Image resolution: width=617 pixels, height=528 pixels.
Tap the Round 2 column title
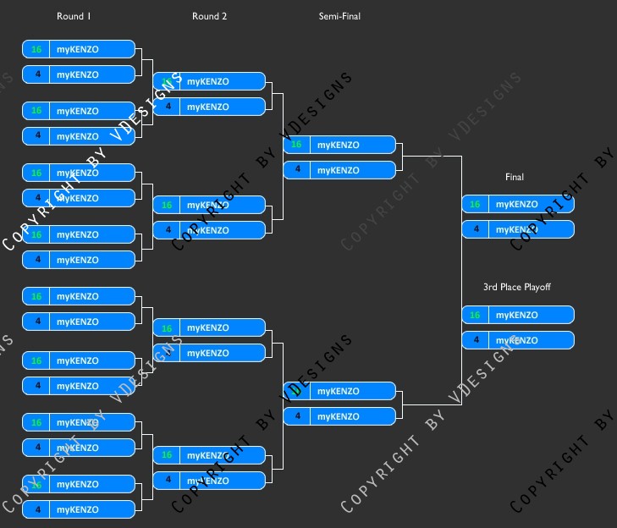click(209, 16)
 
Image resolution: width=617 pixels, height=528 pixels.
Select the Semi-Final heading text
click(339, 16)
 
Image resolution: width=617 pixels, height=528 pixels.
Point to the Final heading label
click(515, 177)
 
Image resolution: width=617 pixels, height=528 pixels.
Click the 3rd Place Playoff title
click(517, 287)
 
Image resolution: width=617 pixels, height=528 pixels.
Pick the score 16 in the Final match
click(475, 204)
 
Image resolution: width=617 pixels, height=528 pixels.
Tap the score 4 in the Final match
click(475, 229)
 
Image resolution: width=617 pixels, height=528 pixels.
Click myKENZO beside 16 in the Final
click(517, 204)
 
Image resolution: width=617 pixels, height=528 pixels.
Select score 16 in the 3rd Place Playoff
click(475, 315)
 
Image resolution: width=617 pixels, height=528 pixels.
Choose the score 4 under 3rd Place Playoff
click(475, 340)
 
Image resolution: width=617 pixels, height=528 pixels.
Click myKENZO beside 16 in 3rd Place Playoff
click(517, 315)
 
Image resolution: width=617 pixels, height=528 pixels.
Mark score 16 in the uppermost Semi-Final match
click(296, 145)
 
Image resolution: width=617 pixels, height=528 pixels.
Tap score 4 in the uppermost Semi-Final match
click(296, 170)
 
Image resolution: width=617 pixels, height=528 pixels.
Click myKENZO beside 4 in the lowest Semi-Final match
click(339, 416)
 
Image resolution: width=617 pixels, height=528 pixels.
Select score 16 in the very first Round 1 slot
click(36, 49)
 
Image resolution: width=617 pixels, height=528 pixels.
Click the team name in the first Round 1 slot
click(78, 49)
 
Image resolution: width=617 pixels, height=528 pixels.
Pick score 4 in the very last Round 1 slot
click(36, 509)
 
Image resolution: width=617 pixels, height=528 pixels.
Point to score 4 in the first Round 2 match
click(168, 107)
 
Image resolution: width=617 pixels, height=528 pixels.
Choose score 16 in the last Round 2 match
click(167, 454)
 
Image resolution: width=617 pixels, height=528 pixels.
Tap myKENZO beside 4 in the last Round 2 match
click(208, 480)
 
